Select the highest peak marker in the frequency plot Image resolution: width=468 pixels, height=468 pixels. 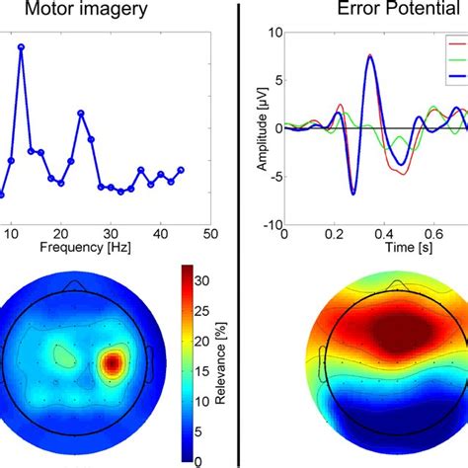21,46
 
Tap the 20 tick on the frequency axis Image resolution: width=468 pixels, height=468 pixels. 60,233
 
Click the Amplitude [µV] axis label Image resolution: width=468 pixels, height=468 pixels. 263,128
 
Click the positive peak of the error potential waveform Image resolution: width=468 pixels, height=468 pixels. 370,56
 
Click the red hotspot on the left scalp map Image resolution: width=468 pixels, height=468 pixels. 114,363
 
